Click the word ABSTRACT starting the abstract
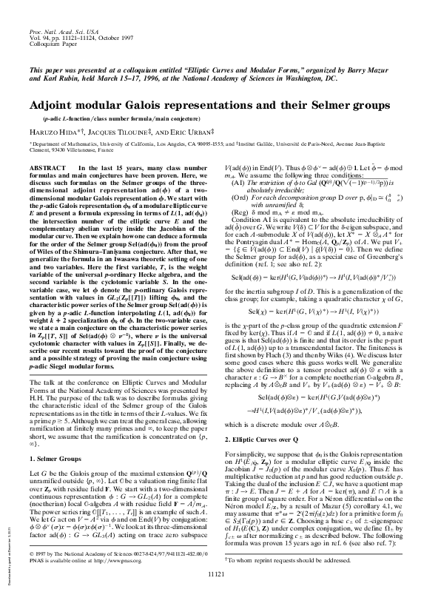point(45,169)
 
